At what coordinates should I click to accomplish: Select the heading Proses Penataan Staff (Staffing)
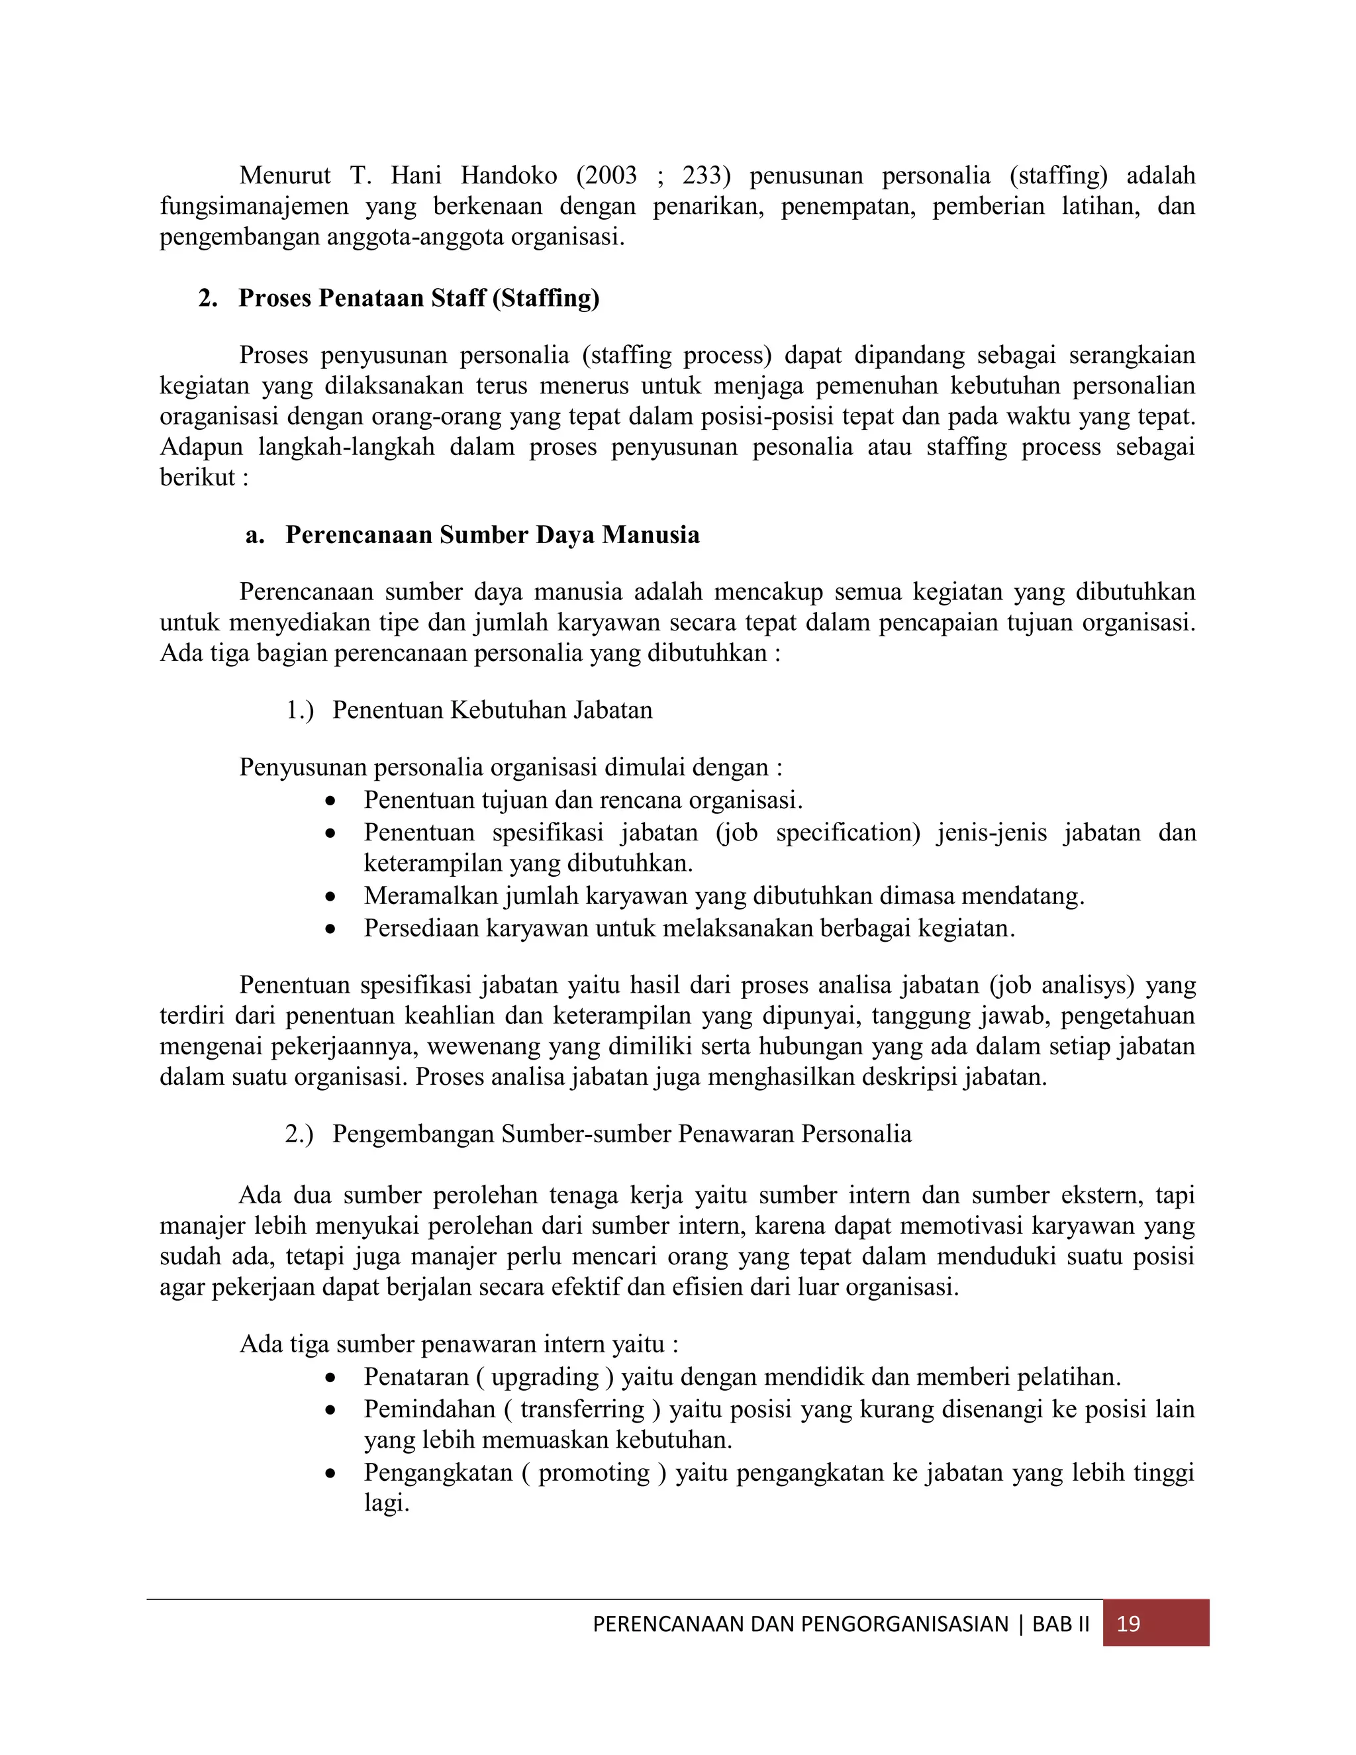pyautogui.click(x=418, y=298)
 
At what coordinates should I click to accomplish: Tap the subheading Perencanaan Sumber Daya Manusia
pyautogui.click(x=492, y=534)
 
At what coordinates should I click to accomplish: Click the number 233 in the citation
pyautogui.click(x=704, y=175)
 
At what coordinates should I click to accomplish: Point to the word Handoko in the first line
pyautogui.click(x=508, y=175)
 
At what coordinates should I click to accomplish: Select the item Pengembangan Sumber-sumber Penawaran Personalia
pyautogui.click(x=622, y=1133)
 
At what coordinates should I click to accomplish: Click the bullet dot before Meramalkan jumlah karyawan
pyautogui.click(x=330, y=897)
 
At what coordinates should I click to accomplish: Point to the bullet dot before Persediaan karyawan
pyautogui.click(x=330, y=929)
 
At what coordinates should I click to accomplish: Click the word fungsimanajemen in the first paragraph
pyautogui.click(x=254, y=207)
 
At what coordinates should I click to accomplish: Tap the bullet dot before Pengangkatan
pyautogui.click(x=330, y=1473)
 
